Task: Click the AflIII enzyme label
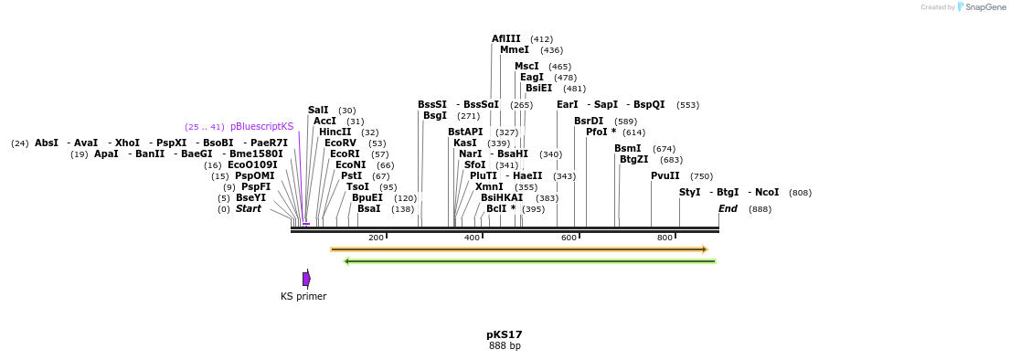pos(505,39)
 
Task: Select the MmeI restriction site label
pos(514,50)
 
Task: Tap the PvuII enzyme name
pos(664,176)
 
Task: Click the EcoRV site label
pos(340,143)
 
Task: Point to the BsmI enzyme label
pos(627,149)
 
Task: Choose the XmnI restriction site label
pos(489,187)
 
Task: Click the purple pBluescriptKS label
pos(261,127)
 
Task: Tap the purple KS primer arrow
pos(306,279)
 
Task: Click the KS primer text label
pos(303,297)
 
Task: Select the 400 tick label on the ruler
pos(472,238)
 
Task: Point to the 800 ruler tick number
pos(664,238)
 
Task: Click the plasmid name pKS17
pos(505,334)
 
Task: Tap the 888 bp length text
pos(505,346)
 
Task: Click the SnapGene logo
pos(981,7)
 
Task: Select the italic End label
pos(728,209)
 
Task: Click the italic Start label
pos(248,209)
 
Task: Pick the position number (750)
pos(701,176)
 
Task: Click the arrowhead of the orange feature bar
pos(704,249)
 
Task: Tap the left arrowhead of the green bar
pos(346,261)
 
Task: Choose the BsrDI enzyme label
pos(589,122)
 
